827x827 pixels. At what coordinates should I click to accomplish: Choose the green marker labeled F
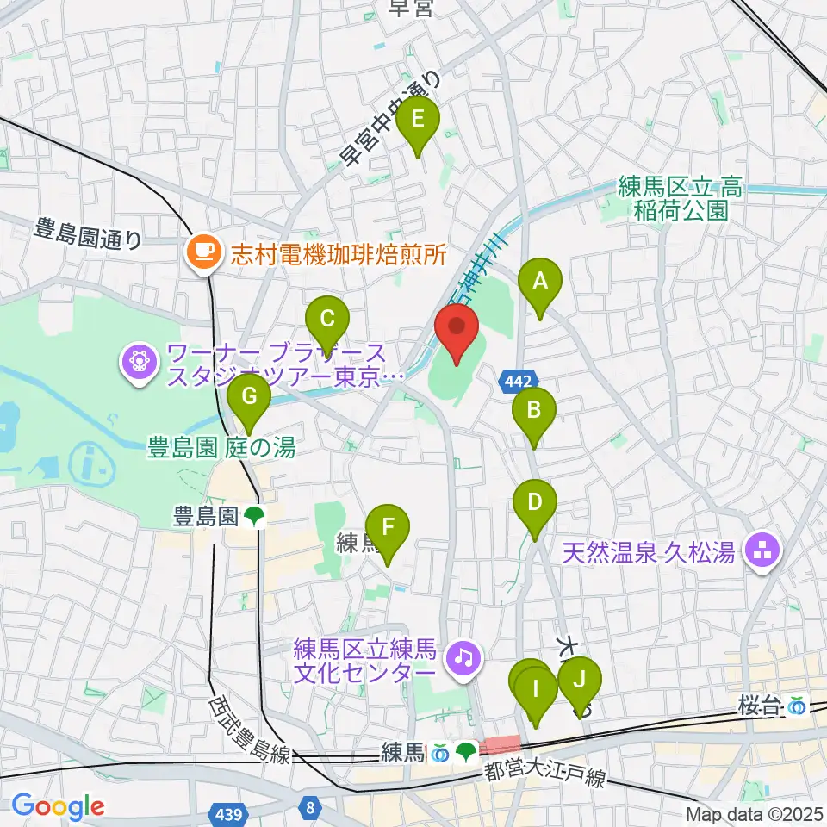(x=388, y=530)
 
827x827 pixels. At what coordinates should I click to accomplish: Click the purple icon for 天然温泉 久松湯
(x=761, y=550)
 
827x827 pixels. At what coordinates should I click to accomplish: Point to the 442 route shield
(x=519, y=379)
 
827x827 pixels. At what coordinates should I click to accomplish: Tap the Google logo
(x=58, y=807)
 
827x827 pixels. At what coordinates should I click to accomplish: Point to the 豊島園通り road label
(x=89, y=233)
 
